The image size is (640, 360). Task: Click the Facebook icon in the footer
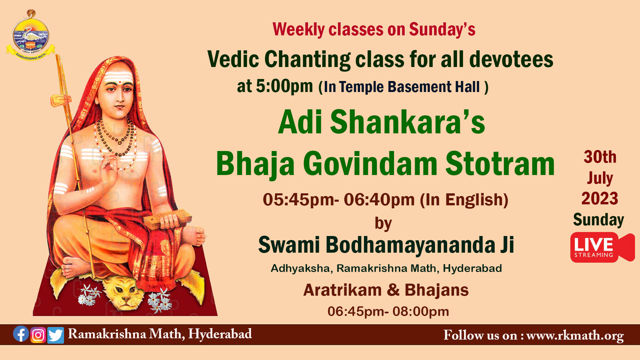pos(21,334)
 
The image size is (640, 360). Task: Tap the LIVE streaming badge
pos(602,247)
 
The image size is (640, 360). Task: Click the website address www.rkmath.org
pos(575,336)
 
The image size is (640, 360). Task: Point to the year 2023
pos(600,199)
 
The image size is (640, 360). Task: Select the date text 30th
pos(600,157)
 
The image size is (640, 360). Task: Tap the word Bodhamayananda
pos(410,245)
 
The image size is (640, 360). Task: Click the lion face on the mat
pos(123,292)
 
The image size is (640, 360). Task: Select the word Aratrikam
pos(342,290)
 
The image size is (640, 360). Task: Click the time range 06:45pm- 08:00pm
pos(388,312)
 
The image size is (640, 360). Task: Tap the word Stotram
pos(500,164)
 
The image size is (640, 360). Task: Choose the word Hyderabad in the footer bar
pos(220,334)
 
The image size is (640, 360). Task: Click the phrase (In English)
pos(464,200)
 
